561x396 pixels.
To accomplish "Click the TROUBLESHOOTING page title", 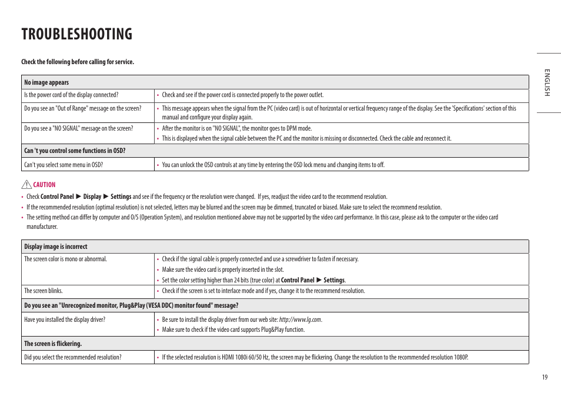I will coord(77,34).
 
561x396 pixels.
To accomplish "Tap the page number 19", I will coord(545,377).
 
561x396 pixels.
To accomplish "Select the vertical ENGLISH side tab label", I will coord(546,82).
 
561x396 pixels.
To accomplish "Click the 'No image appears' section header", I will coord(46,82).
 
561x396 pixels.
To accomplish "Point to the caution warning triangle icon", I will coord(27,184).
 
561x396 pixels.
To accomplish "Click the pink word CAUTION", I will coord(44,185).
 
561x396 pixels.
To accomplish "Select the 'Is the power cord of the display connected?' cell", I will coord(71,95).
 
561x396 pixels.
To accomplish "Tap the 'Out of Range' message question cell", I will coord(82,108).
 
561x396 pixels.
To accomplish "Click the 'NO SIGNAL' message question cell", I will coord(78,128).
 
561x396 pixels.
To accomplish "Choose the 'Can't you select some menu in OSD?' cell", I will coord(64,165).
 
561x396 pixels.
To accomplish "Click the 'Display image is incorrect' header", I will coord(56,247).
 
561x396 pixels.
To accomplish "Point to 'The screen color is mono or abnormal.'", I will coord(65,259).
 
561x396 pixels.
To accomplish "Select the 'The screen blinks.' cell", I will coord(43,291).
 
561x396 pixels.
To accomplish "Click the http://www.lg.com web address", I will coord(300,320).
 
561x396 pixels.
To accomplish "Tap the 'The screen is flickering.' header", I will coord(53,344).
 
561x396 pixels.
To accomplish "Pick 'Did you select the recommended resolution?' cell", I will coord(72,357).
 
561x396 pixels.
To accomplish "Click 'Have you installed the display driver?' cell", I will coord(65,320).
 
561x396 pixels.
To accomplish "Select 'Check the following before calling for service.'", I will coord(78,62).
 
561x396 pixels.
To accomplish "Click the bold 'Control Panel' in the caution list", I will coord(57,197).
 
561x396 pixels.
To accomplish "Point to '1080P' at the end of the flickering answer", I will coord(460,357).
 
